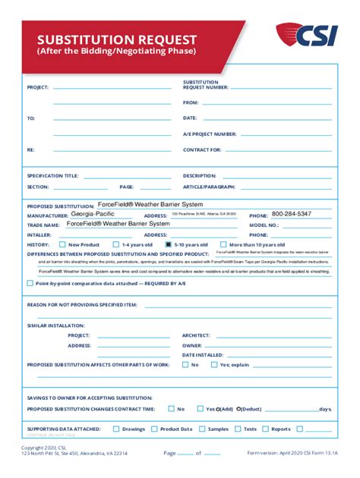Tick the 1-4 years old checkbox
tap(116, 244)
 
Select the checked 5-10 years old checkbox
tap(168, 244)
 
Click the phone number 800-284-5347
tap(291, 214)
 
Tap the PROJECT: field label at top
tap(38, 87)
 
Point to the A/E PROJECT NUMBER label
tap(210, 134)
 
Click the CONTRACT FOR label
tap(201, 149)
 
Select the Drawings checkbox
tap(116, 429)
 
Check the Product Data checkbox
tap(154, 429)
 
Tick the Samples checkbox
tap(201, 429)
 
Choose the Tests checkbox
tap(238, 429)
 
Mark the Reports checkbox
tap(266, 429)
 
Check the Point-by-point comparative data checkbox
tap(30, 282)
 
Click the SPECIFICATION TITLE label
tap(52, 175)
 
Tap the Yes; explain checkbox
tap(214, 364)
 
